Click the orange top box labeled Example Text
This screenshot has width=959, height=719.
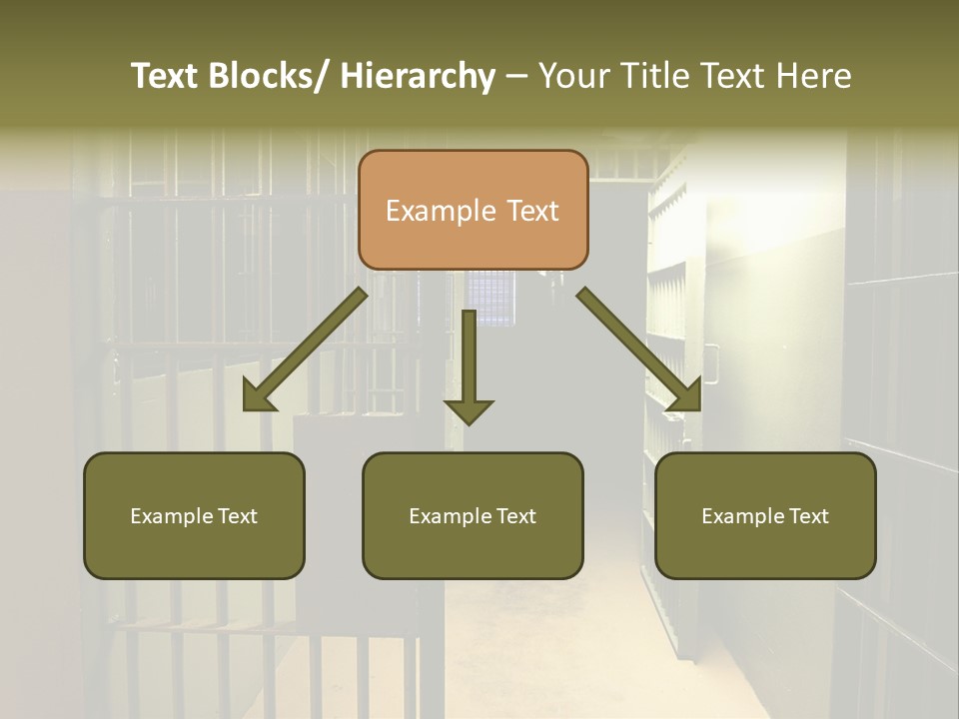[473, 210]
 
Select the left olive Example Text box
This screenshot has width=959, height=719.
[194, 515]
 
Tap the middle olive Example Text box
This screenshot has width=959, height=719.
[473, 515]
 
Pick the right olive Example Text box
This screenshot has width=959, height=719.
[765, 515]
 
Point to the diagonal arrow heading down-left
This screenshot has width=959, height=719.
[305, 350]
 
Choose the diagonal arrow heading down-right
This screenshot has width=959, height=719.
[639, 350]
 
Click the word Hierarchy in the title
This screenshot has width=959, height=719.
[418, 76]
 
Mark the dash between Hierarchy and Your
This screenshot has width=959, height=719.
[515, 77]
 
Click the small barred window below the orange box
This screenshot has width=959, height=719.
[491, 298]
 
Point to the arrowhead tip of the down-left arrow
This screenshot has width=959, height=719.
[245, 410]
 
